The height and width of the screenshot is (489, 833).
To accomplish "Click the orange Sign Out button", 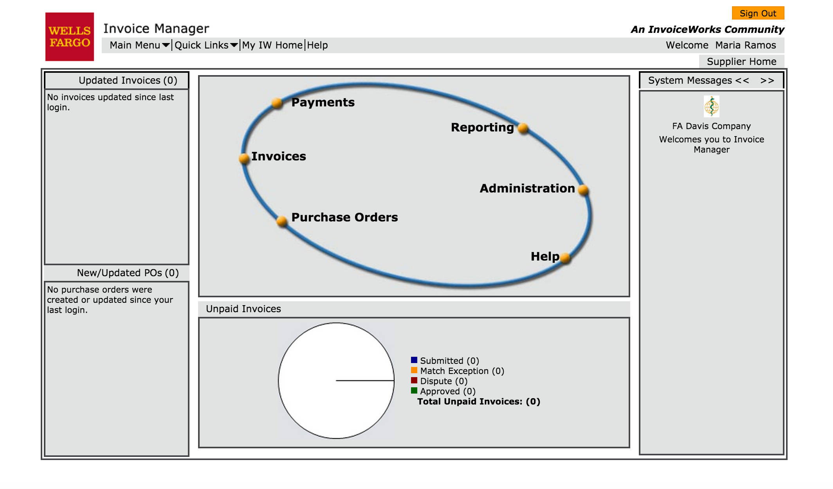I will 757,13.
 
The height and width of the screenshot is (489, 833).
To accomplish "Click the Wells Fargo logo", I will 70,37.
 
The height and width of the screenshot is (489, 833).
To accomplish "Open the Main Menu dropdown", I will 139,45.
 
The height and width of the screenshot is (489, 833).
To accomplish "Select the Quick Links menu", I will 206,45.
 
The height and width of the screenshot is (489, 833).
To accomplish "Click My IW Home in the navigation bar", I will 272,45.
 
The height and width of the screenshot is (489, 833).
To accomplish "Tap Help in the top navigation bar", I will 317,45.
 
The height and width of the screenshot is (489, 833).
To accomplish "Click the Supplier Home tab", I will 741,61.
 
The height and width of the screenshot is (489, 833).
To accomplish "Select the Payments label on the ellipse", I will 323,102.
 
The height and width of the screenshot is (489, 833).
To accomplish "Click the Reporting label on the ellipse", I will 482,128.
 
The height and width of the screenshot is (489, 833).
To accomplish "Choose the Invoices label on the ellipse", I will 279,156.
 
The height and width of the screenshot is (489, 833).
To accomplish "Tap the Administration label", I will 527,189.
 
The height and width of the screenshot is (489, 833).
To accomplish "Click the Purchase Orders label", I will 344,218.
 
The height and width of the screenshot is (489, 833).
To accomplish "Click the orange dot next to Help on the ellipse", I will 565,258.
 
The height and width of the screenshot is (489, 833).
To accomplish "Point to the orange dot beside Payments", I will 277,103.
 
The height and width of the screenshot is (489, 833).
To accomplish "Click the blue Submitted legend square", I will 414,360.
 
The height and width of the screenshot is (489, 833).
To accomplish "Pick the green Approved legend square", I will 414,390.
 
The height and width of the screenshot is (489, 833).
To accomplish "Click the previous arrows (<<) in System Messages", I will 742,81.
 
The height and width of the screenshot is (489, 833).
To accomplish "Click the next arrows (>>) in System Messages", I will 767,81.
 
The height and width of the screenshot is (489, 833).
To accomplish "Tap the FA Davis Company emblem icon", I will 711,106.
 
